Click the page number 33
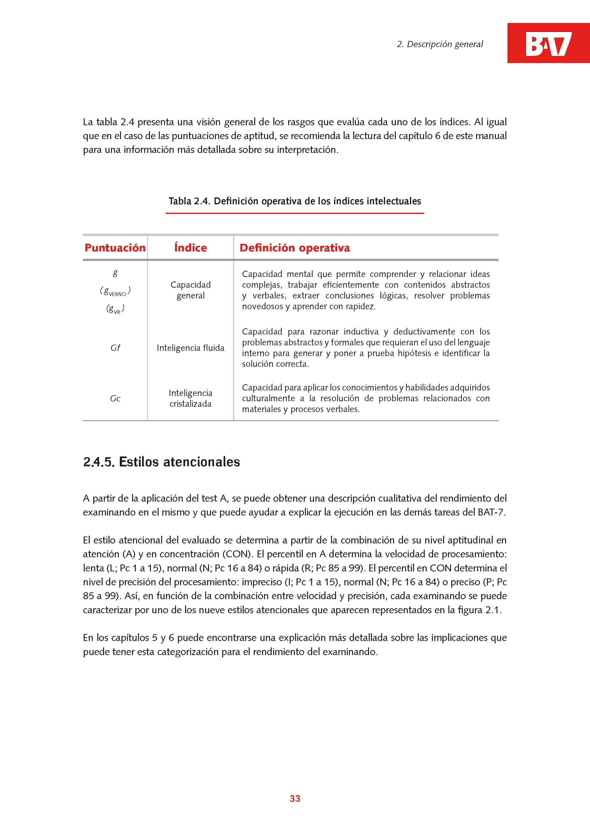click(295, 798)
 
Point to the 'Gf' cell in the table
click(115, 348)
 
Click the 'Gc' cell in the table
click(115, 399)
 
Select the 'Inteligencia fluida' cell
click(190, 348)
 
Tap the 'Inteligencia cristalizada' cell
click(190, 398)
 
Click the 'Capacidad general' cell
click(190, 290)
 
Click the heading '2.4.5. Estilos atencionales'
click(162, 462)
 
